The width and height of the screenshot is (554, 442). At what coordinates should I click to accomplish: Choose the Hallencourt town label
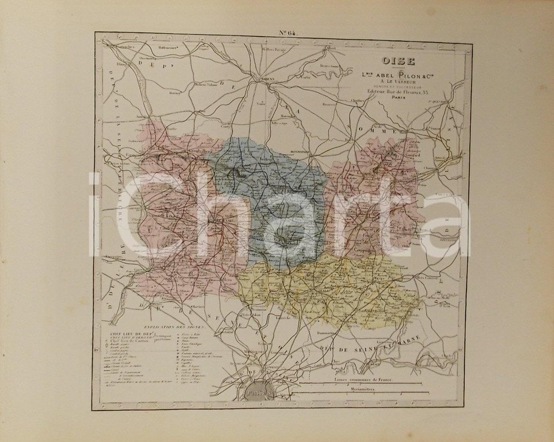point(170,48)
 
